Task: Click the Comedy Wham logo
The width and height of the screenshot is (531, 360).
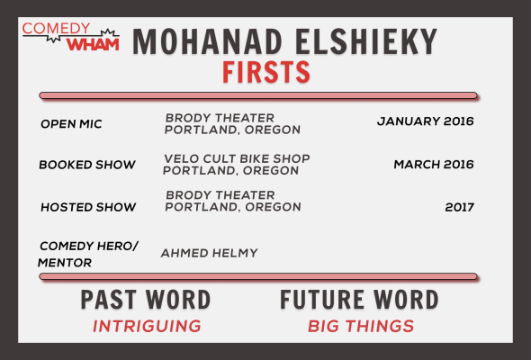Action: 71,37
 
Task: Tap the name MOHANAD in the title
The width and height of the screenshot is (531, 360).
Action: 207,42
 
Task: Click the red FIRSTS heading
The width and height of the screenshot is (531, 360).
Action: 266,72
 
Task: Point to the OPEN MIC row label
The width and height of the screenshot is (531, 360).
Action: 71,124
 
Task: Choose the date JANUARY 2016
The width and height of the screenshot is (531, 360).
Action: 426,121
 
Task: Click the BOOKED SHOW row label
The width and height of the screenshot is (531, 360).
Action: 87,165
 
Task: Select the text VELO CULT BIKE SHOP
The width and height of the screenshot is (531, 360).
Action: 237,158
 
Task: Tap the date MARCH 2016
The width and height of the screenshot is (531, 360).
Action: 434,165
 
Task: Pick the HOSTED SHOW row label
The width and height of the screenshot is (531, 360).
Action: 88,207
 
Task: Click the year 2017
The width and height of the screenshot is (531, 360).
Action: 460,207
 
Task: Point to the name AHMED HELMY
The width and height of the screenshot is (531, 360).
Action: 210,253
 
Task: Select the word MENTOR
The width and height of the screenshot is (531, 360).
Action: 65,263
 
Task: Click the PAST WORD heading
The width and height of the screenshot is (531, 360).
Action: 146,300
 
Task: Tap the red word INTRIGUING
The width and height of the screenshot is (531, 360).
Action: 147,326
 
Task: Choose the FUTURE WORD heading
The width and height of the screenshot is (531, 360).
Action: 359,300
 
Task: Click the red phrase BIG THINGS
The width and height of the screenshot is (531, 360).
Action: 361,326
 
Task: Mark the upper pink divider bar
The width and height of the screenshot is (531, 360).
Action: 258,95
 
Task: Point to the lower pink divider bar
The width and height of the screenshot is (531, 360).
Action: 258,276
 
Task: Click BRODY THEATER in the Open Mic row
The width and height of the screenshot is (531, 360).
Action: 220,118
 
